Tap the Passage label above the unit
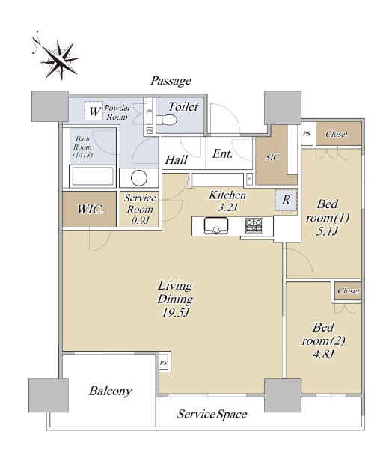click(x=171, y=81)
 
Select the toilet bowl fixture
click(x=166, y=120)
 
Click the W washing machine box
click(x=94, y=111)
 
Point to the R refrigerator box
click(x=286, y=200)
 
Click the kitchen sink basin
click(x=216, y=226)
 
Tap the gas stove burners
click(x=254, y=225)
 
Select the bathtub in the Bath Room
click(x=93, y=177)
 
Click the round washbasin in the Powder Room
click(x=139, y=178)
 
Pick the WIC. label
click(x=90, y=209)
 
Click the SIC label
click(x=272, y=157)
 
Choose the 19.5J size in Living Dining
click(x=176, y=313)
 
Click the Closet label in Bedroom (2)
click(x=348, y=291)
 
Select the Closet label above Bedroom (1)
click(x=337, y=134)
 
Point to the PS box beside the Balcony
click(x=163, y=363)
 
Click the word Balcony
click(x=110, y=391)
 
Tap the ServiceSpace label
click(x=212, y=414)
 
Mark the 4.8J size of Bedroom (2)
click(x=323, y=355)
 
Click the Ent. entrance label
click(x=222, y=154)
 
